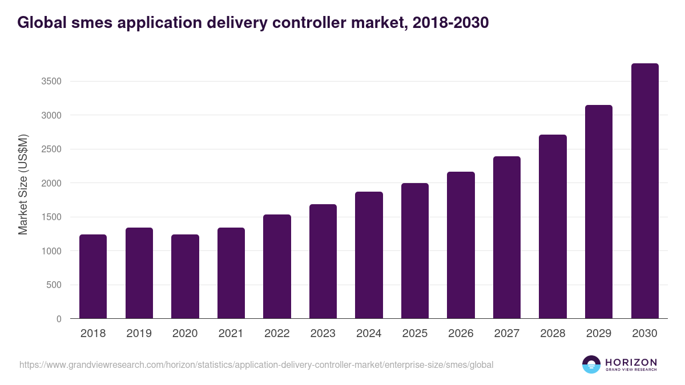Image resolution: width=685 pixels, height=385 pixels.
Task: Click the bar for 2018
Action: (93, 277)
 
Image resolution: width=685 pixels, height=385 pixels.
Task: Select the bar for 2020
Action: (185, 277)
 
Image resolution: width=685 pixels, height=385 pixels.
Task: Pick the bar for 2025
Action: (414, 251)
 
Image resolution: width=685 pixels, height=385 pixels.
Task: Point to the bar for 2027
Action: (506, 237)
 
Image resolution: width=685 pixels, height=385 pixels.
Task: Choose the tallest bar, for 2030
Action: (644, 191)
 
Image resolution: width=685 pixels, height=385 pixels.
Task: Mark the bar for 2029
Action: (598, 212)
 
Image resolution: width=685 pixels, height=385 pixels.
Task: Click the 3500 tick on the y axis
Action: (51, 82)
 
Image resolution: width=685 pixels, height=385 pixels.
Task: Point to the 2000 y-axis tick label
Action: (51, 183)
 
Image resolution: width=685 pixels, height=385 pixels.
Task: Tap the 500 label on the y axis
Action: (54, 285)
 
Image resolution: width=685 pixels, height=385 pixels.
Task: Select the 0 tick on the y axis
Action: (59, 319)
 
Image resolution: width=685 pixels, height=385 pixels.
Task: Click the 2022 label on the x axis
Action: (277, 334)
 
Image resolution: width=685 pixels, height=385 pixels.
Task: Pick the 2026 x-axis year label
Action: (461, 334)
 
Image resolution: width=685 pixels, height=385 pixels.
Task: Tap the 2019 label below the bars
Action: (139, 334)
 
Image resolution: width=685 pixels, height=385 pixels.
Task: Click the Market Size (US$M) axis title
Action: (23, 184)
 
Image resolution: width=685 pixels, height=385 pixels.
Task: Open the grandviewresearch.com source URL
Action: (256, 364)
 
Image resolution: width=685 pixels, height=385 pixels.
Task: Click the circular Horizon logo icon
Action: (591, 364)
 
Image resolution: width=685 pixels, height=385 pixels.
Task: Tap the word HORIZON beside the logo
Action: (631, 362)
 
